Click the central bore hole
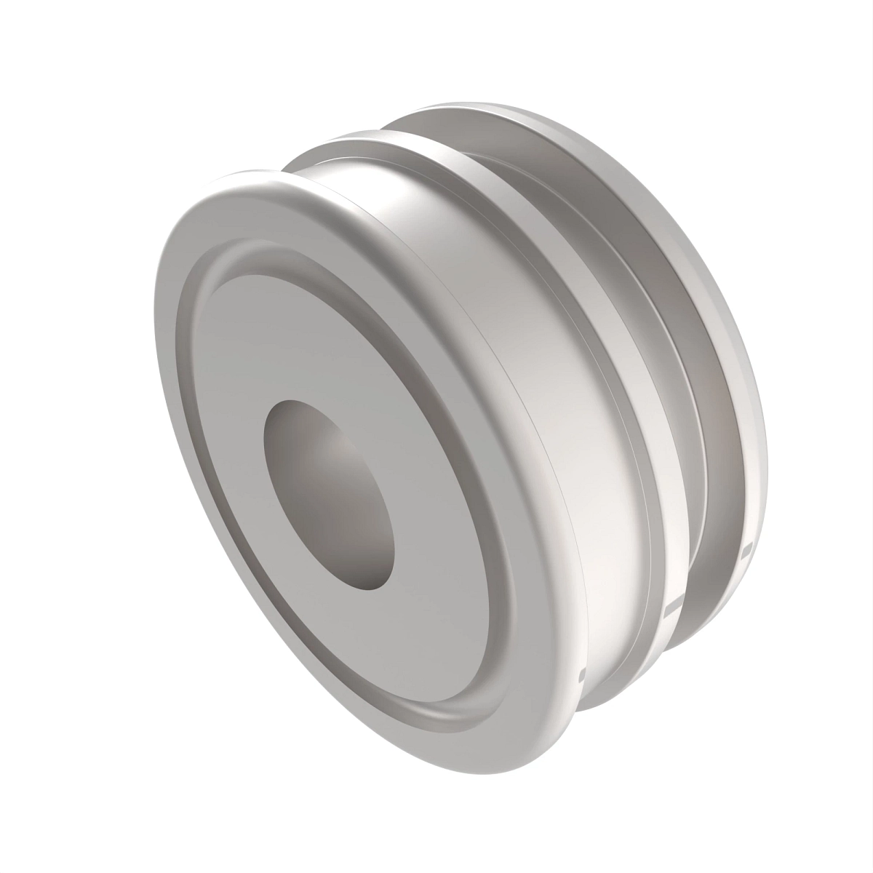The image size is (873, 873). pos(329,495)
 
